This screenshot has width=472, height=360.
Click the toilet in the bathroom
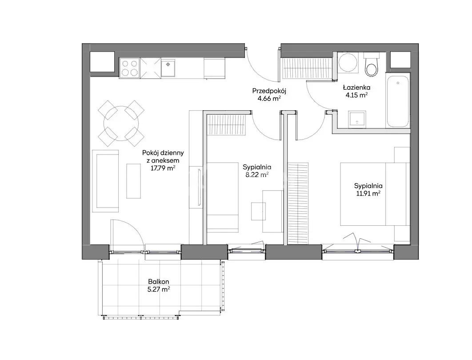point(371,65)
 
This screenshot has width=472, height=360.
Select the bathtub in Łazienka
point(398,101)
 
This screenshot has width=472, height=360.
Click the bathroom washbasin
point(357,120)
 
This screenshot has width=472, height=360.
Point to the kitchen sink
point(168,68)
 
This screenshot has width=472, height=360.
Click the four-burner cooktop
point(130,68)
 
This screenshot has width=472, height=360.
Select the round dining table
point(121,124)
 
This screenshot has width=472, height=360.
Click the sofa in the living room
point(105,181)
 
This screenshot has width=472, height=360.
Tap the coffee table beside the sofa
point(133,181)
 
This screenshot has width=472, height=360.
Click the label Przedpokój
point(269,91)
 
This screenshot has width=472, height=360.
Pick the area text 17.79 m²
point(163,168)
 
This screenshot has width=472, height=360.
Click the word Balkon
point(159,282)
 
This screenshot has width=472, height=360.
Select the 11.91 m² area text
point(368,193)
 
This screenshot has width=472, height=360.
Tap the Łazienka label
point(357,88)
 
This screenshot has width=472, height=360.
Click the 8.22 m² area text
point(257,175)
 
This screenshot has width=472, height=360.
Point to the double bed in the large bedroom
point(375,194)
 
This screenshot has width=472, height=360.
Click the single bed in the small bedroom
point(223,197)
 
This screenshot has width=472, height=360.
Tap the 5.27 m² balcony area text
point(159,290)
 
